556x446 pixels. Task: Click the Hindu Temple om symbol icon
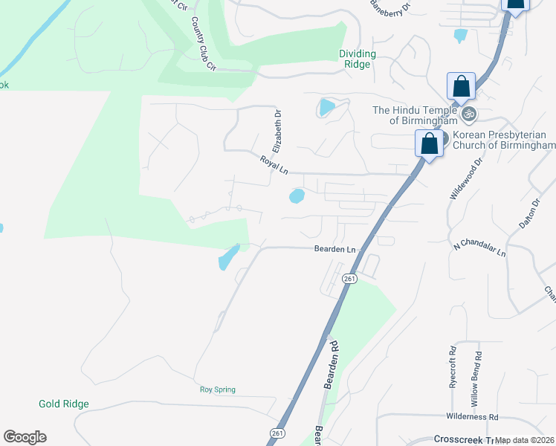468,114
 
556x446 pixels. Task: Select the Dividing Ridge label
358,59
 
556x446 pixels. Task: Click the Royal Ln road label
274,164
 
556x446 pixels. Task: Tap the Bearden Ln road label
334,250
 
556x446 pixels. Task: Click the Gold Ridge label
64,404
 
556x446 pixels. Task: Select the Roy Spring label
217,389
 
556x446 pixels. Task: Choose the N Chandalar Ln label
479,248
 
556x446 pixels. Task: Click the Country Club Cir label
203,45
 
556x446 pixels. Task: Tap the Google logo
25,437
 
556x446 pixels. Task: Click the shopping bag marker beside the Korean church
430,143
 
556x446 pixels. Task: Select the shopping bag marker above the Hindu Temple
461,87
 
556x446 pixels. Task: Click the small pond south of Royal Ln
297,196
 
